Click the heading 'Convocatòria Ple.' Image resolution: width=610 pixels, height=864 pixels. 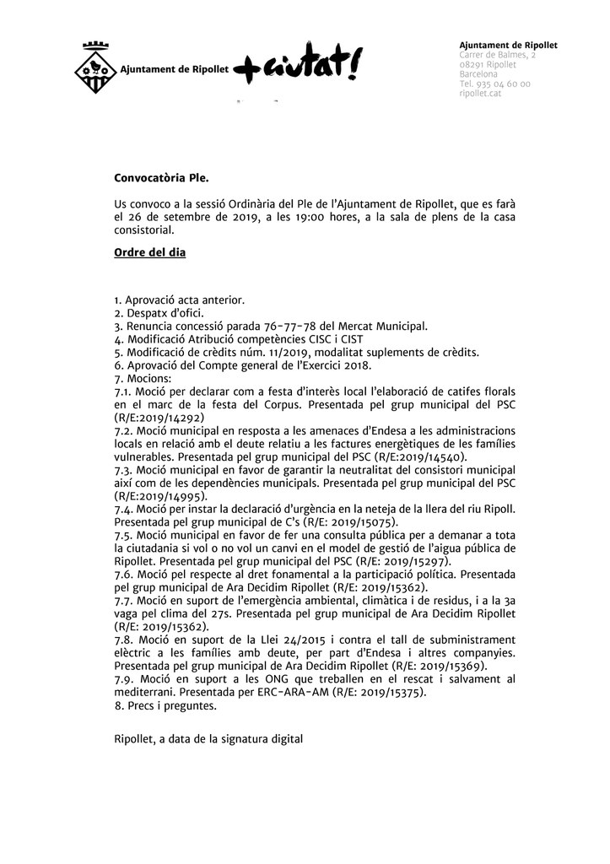pyautogui.click(x=159, y=178)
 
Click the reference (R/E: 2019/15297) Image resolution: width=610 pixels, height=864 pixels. pyautogui.click(x=393, y=561)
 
